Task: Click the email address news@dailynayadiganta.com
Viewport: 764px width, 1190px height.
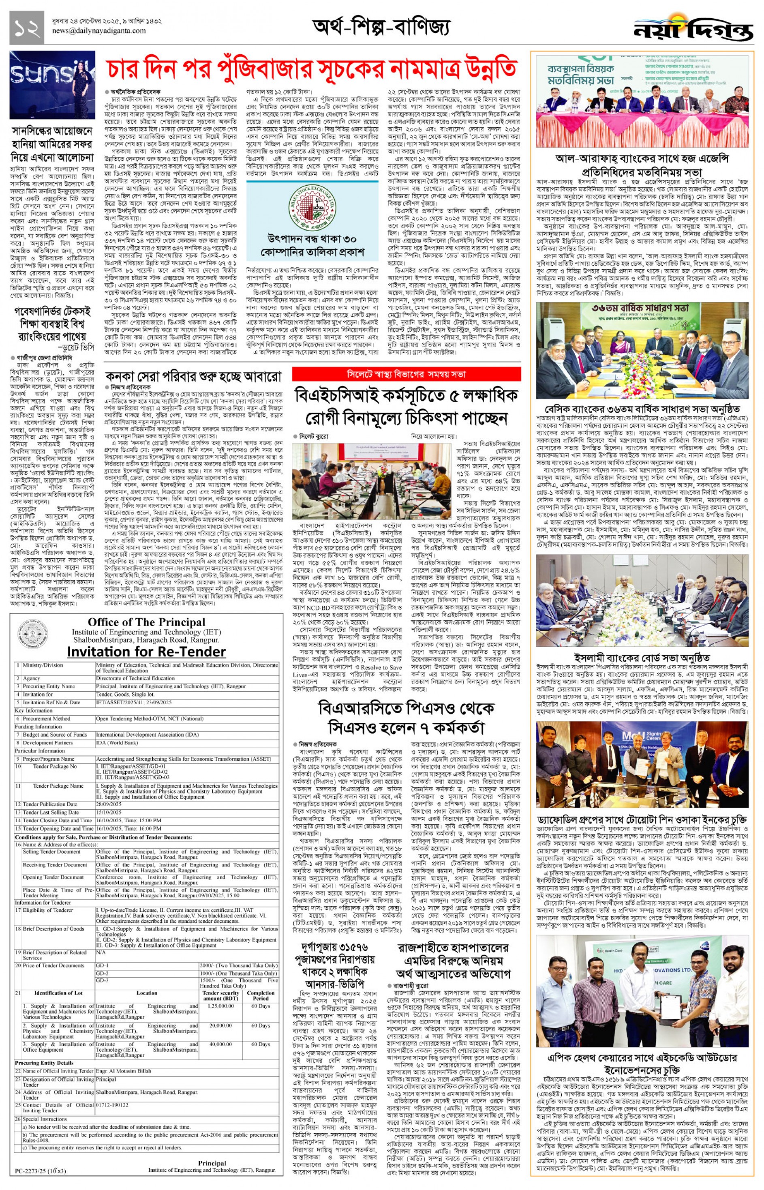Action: (x=99, y=31)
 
